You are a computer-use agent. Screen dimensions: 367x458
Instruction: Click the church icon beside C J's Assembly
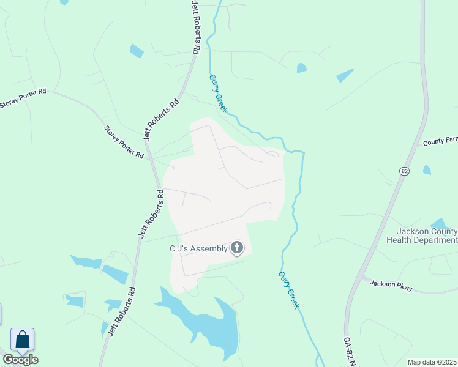(x=237, y=248)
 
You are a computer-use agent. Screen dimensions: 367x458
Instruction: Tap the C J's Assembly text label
(x=198, y=248)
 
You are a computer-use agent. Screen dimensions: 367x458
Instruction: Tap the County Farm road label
(x=440, y=141)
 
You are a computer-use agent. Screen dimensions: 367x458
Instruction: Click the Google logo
(x=20, y=360)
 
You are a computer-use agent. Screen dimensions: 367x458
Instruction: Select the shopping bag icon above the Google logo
(x=22, y=339)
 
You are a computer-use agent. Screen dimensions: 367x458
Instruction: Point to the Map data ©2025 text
(x=432, y=362)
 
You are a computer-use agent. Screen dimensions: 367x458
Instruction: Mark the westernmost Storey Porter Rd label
(x=23, y=98)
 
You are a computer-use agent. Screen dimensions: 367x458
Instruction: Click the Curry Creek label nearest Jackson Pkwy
(x=289, y=289)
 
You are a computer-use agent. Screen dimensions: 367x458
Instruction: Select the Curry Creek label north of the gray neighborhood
(x=218, y=94)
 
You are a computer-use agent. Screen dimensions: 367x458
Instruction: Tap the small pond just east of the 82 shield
(x=427, y=169)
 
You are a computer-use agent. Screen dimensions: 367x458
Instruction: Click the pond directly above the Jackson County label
(x=440, y=224)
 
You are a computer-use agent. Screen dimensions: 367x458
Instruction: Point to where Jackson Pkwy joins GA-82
(x=361, y=278)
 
